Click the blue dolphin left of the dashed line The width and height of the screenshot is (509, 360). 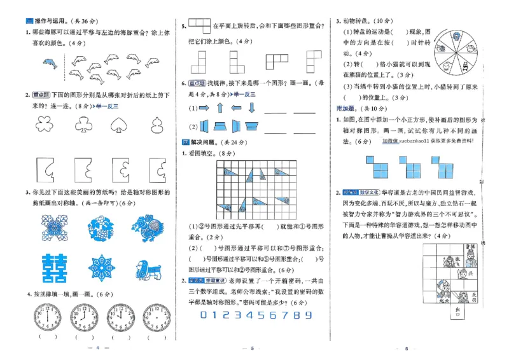point(50,64)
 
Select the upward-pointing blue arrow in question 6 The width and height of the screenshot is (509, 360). point(219,109)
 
